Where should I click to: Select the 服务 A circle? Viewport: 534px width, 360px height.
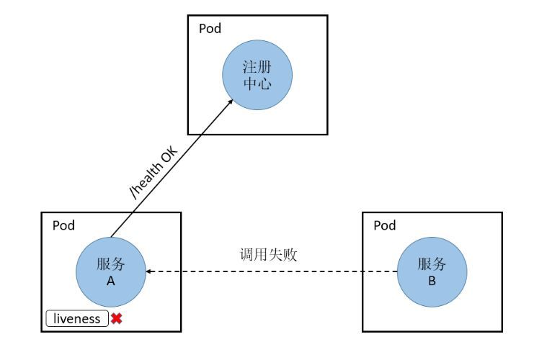tap(111, 271)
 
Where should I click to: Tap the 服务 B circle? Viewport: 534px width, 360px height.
tap(432, 271)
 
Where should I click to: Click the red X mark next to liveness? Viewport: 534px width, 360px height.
tap(116, 318)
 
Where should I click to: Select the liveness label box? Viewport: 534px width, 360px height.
tap(77, 318)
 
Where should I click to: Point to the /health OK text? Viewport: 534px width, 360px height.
tap(151, 171)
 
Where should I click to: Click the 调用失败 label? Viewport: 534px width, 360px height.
tap(268, 254)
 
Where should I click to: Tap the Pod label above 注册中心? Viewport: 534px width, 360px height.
tap(210, 29)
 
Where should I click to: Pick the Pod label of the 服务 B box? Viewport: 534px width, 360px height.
tap(385, 225)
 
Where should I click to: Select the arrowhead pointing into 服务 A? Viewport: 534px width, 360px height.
tap(150, 271)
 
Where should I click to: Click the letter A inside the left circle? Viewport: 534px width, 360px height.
tap(111, 282)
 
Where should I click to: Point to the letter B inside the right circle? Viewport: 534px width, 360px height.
tap(432, 282)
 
